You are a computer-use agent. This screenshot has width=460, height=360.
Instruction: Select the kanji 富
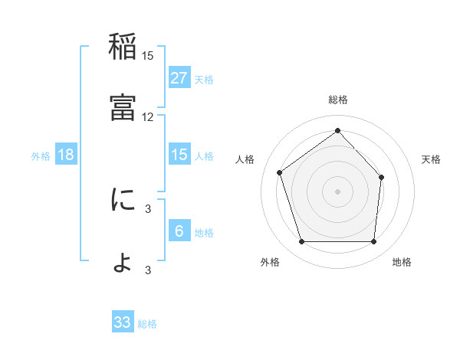pos(123,107)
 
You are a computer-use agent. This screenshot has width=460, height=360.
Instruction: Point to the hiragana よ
pos(123,261)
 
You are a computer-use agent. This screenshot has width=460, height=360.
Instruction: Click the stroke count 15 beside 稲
pos(148,56)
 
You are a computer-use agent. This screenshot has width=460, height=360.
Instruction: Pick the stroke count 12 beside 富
pos(148,116)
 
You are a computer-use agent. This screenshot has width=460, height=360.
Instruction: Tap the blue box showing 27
pos(179,78)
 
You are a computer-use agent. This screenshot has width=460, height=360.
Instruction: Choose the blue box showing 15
pos(179,155)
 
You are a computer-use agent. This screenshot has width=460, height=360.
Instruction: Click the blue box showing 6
pos(179,231)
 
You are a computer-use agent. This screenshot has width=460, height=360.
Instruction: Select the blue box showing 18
pos(66,155)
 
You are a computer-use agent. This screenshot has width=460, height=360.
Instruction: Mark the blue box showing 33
pos(123,322)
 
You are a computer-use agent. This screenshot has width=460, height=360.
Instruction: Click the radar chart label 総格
pos(338,100)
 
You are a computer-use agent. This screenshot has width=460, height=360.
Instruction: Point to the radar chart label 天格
pos(432,159)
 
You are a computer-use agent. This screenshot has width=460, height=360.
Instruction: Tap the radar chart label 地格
pos(402,262)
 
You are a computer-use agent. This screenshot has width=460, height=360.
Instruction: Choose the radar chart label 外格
pos(270,262)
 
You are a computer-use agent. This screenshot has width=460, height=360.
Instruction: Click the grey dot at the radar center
pos(337,191)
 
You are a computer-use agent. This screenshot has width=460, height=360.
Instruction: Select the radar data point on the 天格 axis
pos(382,177)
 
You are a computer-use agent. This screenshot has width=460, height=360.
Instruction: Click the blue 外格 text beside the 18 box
pos(41,156)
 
